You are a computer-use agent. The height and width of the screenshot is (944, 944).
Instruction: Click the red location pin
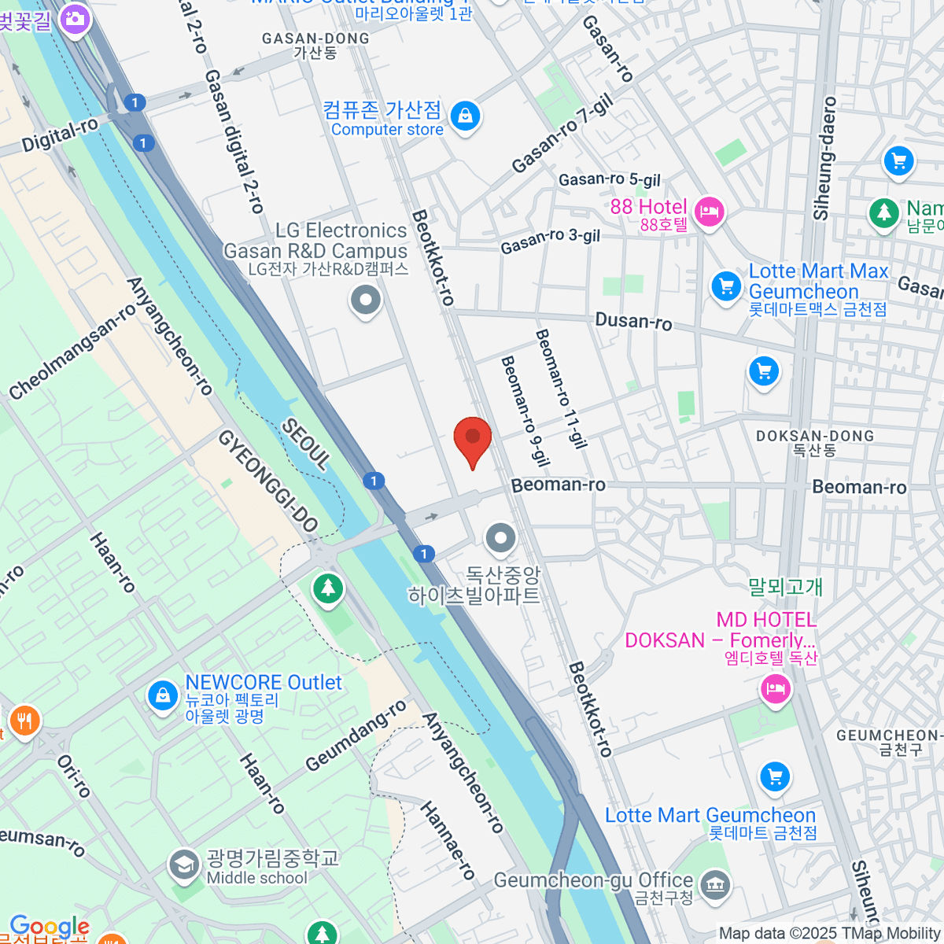point(473,439)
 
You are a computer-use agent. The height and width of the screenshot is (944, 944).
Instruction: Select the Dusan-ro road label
point(633,321)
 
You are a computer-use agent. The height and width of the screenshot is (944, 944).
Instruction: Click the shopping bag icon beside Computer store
point(466,116)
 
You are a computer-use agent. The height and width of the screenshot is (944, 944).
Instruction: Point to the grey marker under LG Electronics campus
point(366,301)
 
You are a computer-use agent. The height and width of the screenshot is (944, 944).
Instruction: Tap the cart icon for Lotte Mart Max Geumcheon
point(726,286)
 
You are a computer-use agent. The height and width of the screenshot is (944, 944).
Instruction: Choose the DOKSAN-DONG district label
point(815,436)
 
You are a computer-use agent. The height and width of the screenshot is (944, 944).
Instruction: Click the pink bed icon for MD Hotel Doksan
point(776,689)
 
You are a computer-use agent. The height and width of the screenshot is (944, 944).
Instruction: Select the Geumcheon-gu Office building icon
point(714,885)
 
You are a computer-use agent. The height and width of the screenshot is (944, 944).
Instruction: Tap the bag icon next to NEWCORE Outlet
point(163,696)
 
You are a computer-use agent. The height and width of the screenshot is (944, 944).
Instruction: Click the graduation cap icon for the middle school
point(184,865)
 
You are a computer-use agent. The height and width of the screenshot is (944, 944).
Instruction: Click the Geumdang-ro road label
point(356,736)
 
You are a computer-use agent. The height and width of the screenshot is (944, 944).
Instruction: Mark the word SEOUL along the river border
point(306,444)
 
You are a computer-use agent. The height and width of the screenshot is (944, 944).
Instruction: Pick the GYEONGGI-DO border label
point(267,481)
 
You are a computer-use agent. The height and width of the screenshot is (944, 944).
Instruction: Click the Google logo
point(49,927)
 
